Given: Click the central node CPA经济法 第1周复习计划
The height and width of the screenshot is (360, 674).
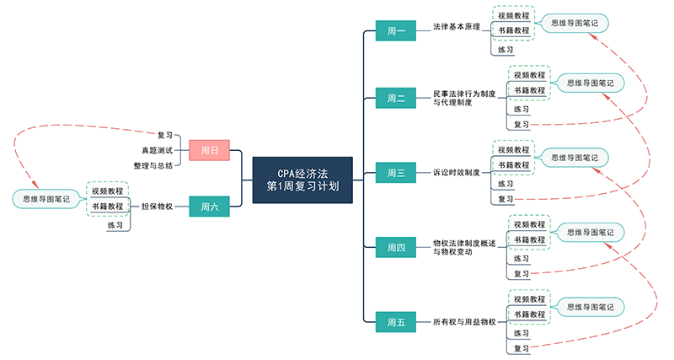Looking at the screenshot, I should [302, 180].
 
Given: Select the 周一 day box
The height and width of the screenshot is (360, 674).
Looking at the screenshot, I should [396, 32].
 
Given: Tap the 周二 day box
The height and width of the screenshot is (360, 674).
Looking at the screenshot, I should [396, 99].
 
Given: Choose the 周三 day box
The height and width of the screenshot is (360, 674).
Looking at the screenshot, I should [396, 174].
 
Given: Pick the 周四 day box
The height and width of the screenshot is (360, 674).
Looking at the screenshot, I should [396, 248].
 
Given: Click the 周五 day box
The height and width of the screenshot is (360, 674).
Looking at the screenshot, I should [396, 322].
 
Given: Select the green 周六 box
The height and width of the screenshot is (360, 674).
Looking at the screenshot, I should [210, 206].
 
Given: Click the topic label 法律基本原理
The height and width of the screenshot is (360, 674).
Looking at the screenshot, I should [456, 27].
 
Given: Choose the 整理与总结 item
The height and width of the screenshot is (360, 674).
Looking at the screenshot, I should [153, 165].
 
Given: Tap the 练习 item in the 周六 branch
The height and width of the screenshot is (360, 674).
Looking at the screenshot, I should [115, 225].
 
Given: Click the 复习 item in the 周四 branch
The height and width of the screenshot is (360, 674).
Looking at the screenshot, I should [522, 273].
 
